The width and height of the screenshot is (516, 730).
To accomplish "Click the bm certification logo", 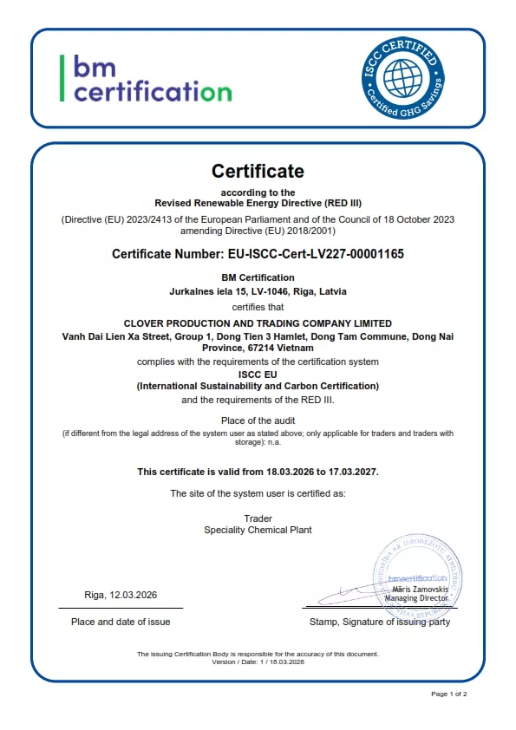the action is pyautogui.click(x=146, y=78).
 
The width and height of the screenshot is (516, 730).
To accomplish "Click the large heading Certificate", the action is pyautogui.click(x=258, y=171).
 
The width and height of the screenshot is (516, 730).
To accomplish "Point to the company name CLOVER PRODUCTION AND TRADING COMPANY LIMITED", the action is pyautogui.click(x=258, y=323).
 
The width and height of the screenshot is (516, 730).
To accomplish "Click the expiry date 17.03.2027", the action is pyautogui.click(x=352, y=472).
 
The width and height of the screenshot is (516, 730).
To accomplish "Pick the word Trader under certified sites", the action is pyautogui.click(x=258, y=518).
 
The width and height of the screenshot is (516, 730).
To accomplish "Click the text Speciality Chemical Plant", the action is pyautogui.click(x=258, y=529).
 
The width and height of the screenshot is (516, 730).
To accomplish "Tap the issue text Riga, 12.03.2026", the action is pyautogui.click(x=121, y=595).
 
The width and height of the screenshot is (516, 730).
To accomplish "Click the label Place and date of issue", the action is pyautogui.click(x=121, y=622).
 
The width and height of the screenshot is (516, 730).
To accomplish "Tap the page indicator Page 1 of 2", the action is pyautogui.click(x=449, y=694).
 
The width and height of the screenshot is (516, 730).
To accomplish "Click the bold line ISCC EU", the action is pyautogui.click(x=258, y=374).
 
